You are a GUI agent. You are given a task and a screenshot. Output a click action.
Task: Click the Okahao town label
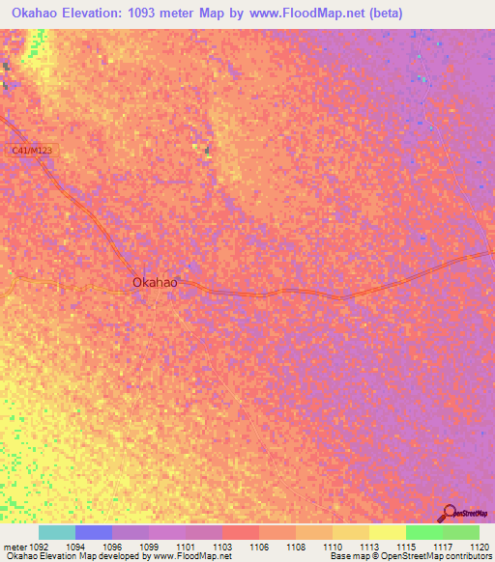[155, 282]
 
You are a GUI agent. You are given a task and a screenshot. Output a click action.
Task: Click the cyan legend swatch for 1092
[57, 532]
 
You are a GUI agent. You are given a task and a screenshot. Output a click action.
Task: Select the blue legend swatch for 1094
[94, 532]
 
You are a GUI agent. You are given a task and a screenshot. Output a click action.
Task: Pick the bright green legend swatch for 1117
[423, 532]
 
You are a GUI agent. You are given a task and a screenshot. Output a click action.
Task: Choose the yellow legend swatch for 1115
[387, 532]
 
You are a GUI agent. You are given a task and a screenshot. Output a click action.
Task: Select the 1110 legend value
[332, 546]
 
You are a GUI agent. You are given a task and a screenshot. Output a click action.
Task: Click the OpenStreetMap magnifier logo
[449, 513]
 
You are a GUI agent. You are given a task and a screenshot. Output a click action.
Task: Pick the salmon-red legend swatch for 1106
[240, 532]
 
